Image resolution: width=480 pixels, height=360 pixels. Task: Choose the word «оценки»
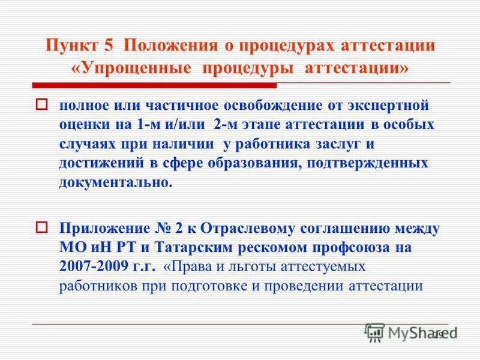[x=84, y=125]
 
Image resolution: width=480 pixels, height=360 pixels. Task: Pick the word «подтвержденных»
[x=372, y=164]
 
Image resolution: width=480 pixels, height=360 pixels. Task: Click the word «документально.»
[x=115, y=183]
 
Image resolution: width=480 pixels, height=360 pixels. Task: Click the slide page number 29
[x=437, y=334]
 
